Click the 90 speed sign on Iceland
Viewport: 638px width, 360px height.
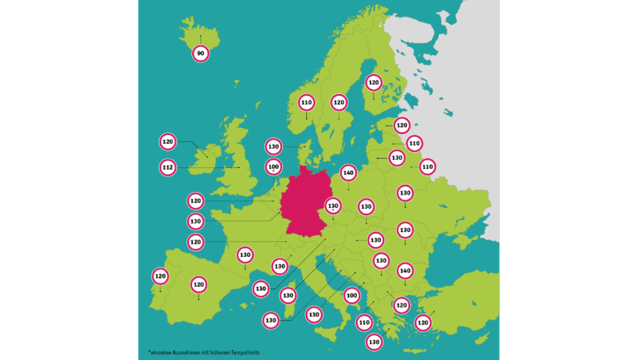[x=200, y=53]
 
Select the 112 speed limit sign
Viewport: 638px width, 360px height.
[x=168, y=167]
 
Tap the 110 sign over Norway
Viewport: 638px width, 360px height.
[x=306, y=102]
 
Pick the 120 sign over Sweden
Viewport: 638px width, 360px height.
[x=339, y=102]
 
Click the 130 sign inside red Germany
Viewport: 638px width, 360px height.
[x=333, y=205]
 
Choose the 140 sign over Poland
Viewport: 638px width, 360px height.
[x=349, y=173]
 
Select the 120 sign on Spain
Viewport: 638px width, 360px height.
[x=198, y=284]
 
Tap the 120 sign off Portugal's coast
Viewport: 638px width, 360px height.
[x=160, y=275]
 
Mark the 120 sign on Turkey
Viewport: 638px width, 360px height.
[x=423, y=322]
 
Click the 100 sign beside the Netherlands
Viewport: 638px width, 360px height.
[x=274, y=166]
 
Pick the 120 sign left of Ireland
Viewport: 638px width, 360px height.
[x=168, y=142]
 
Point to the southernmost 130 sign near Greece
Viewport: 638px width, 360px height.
[x=373, y=341]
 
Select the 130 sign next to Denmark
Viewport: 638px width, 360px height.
[x=274, y=146]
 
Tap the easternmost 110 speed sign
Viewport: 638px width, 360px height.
[x=428, y=166]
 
